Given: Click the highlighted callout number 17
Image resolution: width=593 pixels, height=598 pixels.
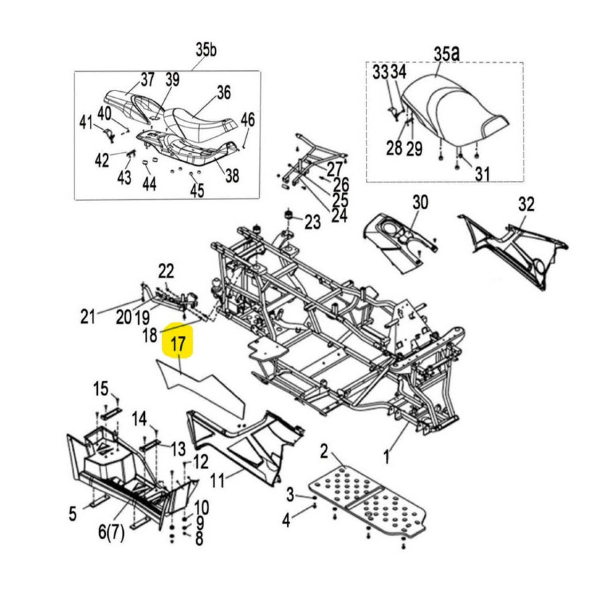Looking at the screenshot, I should (x=178, y=343).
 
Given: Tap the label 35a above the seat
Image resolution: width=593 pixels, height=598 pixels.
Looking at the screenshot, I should (x=446, y=54).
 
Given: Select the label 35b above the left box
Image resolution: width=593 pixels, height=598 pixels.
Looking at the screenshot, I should (x=206, y=50).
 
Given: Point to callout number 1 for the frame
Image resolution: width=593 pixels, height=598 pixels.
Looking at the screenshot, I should (x=386, y=456).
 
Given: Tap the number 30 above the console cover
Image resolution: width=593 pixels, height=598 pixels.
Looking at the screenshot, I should (x=420, y=203).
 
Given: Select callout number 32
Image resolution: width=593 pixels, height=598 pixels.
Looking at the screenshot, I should (x=526, y=205).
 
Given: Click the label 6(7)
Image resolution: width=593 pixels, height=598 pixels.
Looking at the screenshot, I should (x=111, y=532).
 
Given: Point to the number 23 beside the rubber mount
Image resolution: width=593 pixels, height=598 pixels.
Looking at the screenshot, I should (x=312, y=222).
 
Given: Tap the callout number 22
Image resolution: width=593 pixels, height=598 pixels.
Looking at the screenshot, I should (x=166, y=272).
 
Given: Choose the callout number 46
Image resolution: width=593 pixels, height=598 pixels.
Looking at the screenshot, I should (x=248, y=119).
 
